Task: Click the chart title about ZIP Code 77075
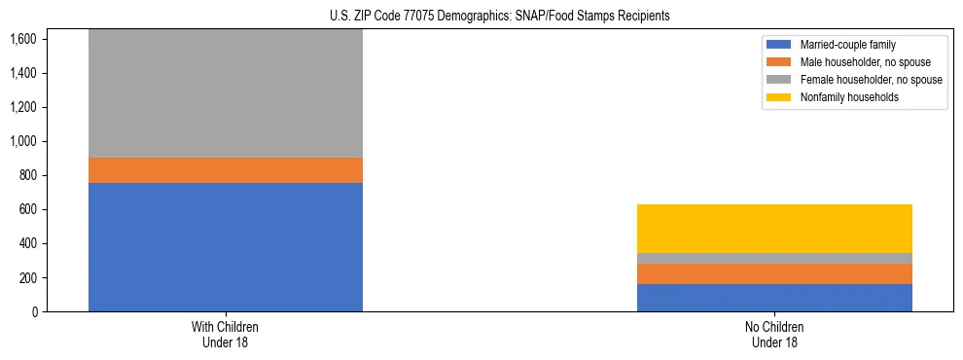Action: pos(481,17)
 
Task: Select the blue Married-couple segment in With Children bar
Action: pos(226,247)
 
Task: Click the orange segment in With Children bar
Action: pos(226,170)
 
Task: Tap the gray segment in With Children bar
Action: pos(226,93)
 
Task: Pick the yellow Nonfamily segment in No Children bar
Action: pos(774,229)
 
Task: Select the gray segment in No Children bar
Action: pos(774,258)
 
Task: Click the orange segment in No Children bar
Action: pos(774,273)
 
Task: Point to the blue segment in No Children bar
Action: pos(774,298)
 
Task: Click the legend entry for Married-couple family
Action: pos(847,45)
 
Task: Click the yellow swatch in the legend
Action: pos(779,97)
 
